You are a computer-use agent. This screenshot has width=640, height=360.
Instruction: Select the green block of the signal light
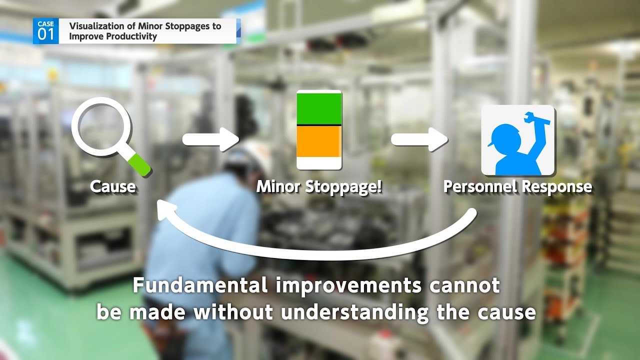[319, 107]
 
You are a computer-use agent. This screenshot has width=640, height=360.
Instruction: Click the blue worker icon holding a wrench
[517, 140]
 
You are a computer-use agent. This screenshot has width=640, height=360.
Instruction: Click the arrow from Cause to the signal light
[210, 139]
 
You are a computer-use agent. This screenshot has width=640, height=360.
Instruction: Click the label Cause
[113, 187]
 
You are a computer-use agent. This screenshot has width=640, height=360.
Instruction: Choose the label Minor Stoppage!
[319, 187]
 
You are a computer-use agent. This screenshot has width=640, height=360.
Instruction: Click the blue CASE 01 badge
[45, 31]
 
